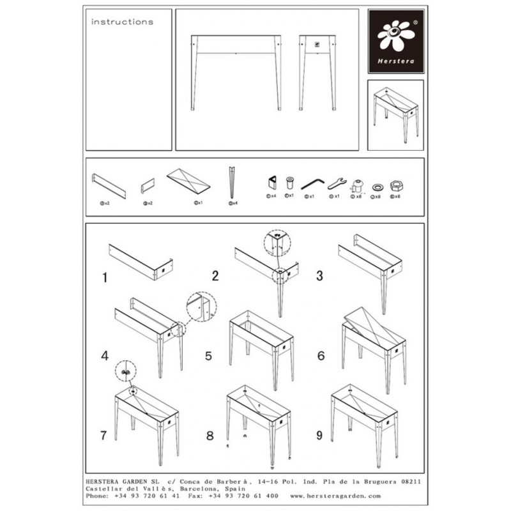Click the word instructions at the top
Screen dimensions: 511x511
point(122,22)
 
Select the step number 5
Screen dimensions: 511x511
point(208,355)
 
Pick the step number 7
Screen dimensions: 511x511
point(103,436)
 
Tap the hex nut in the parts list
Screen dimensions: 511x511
point(396,185)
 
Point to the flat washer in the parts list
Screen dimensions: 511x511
point(378,186)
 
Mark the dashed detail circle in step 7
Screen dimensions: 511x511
point(125,370)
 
